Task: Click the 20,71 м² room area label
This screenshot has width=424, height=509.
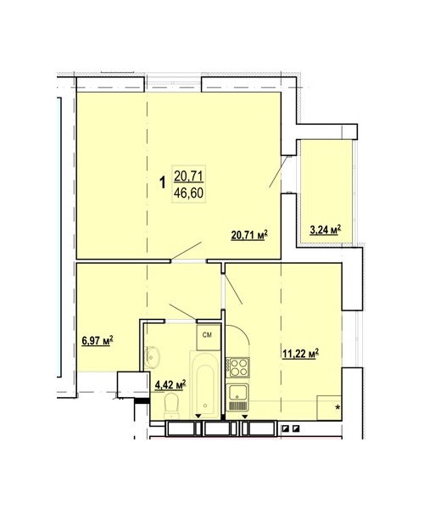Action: [x=249, y=235]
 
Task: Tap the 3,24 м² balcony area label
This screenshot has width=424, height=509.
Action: [x=326, y=230]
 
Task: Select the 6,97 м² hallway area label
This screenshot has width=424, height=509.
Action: [x=98, y=341]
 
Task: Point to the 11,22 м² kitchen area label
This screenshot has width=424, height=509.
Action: [x=300, y=354]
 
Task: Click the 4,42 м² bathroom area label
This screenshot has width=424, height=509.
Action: [x=170, y=385]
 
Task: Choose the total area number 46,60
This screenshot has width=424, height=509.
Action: [x=188, y=193]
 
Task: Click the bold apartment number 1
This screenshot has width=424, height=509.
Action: [x=163, y=182]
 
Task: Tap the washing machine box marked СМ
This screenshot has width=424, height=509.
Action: [x=208, y=337]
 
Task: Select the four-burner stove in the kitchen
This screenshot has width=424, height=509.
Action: [x=237, y=367]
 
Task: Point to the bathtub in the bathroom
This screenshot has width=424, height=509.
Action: [x=204, y=385]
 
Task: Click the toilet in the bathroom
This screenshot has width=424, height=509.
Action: [x=172, y=406]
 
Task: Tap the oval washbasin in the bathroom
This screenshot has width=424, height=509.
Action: [x=152, y=357]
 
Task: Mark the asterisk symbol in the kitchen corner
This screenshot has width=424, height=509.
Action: [x=338, y=408]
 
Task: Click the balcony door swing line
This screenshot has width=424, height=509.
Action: [x=278, y=171]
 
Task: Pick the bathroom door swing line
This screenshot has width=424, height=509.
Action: [x=183, y=312]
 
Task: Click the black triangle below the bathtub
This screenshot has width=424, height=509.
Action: [x=198, y=417]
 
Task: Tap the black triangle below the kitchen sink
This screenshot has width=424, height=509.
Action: [x=245, y=417]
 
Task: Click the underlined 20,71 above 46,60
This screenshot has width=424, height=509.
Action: [x=188, y=176]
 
